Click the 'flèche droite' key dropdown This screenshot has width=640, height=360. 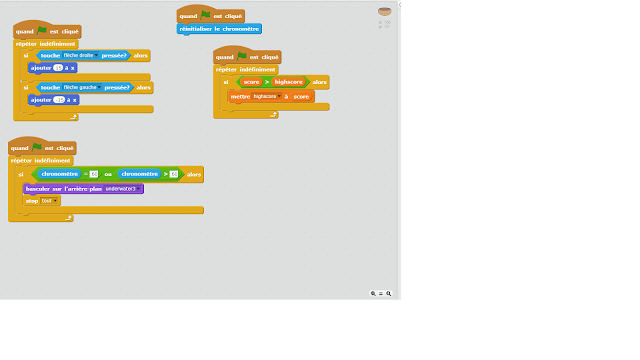(81, 56)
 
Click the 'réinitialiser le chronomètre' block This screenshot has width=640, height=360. (220, 29)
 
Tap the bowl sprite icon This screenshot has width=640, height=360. (384, 11)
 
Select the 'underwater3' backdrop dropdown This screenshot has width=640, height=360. (124, 188)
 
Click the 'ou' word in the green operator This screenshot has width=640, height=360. (108, 174)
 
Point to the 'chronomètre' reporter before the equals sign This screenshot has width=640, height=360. (59, 174)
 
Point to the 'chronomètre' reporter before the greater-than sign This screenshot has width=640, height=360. (138, 174)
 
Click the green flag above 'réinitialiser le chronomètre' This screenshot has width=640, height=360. (207, 15)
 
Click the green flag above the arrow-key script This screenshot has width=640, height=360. (41, 31)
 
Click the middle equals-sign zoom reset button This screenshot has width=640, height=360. (380, 294)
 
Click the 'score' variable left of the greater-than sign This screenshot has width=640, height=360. (251, 83)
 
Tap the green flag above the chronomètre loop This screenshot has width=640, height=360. (37, 147)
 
